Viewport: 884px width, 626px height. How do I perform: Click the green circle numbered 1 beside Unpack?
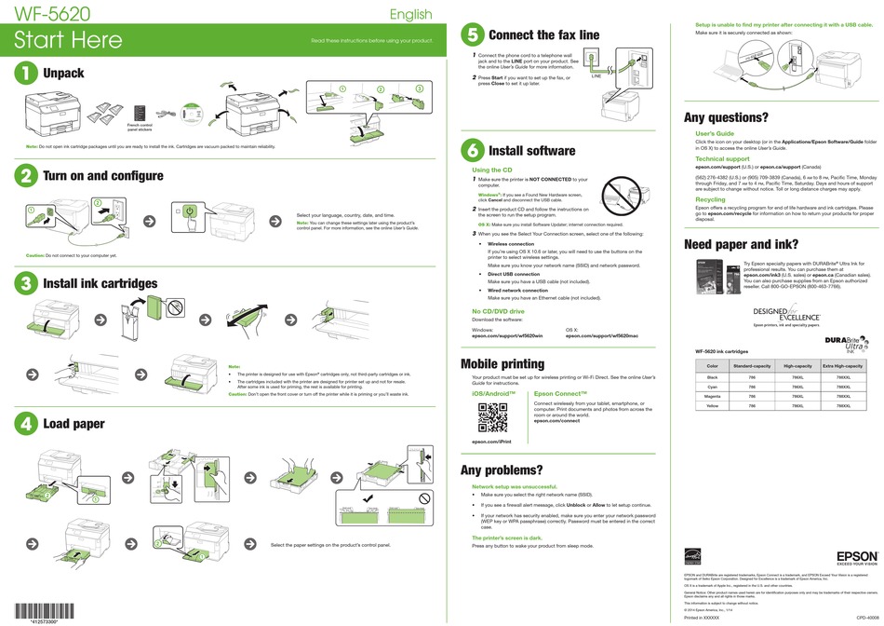pyautogui.click(x=25, y=74)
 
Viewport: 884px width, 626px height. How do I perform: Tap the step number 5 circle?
pyautogui.click(x=472, y=35)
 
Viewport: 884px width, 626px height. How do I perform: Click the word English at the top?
pyautogui.click(x=410, y=14)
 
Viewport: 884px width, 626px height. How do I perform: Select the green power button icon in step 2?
pyautogui.click(x=190, y=212)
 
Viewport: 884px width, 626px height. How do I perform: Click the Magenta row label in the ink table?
pyautogui.click(x=713, y=396)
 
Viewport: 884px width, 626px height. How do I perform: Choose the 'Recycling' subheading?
pyautogui.click(x=710, y=199)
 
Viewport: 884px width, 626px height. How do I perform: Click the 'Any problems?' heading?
pyautogui.click(x=502, y=470)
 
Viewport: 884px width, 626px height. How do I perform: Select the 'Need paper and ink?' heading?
pyautogui.click(x=741, y=245)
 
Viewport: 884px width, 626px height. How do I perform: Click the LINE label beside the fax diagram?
pyautogui.click(x=598, y=77)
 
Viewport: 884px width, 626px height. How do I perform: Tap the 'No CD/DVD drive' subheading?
pyautogui.click(x=498, y=311)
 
